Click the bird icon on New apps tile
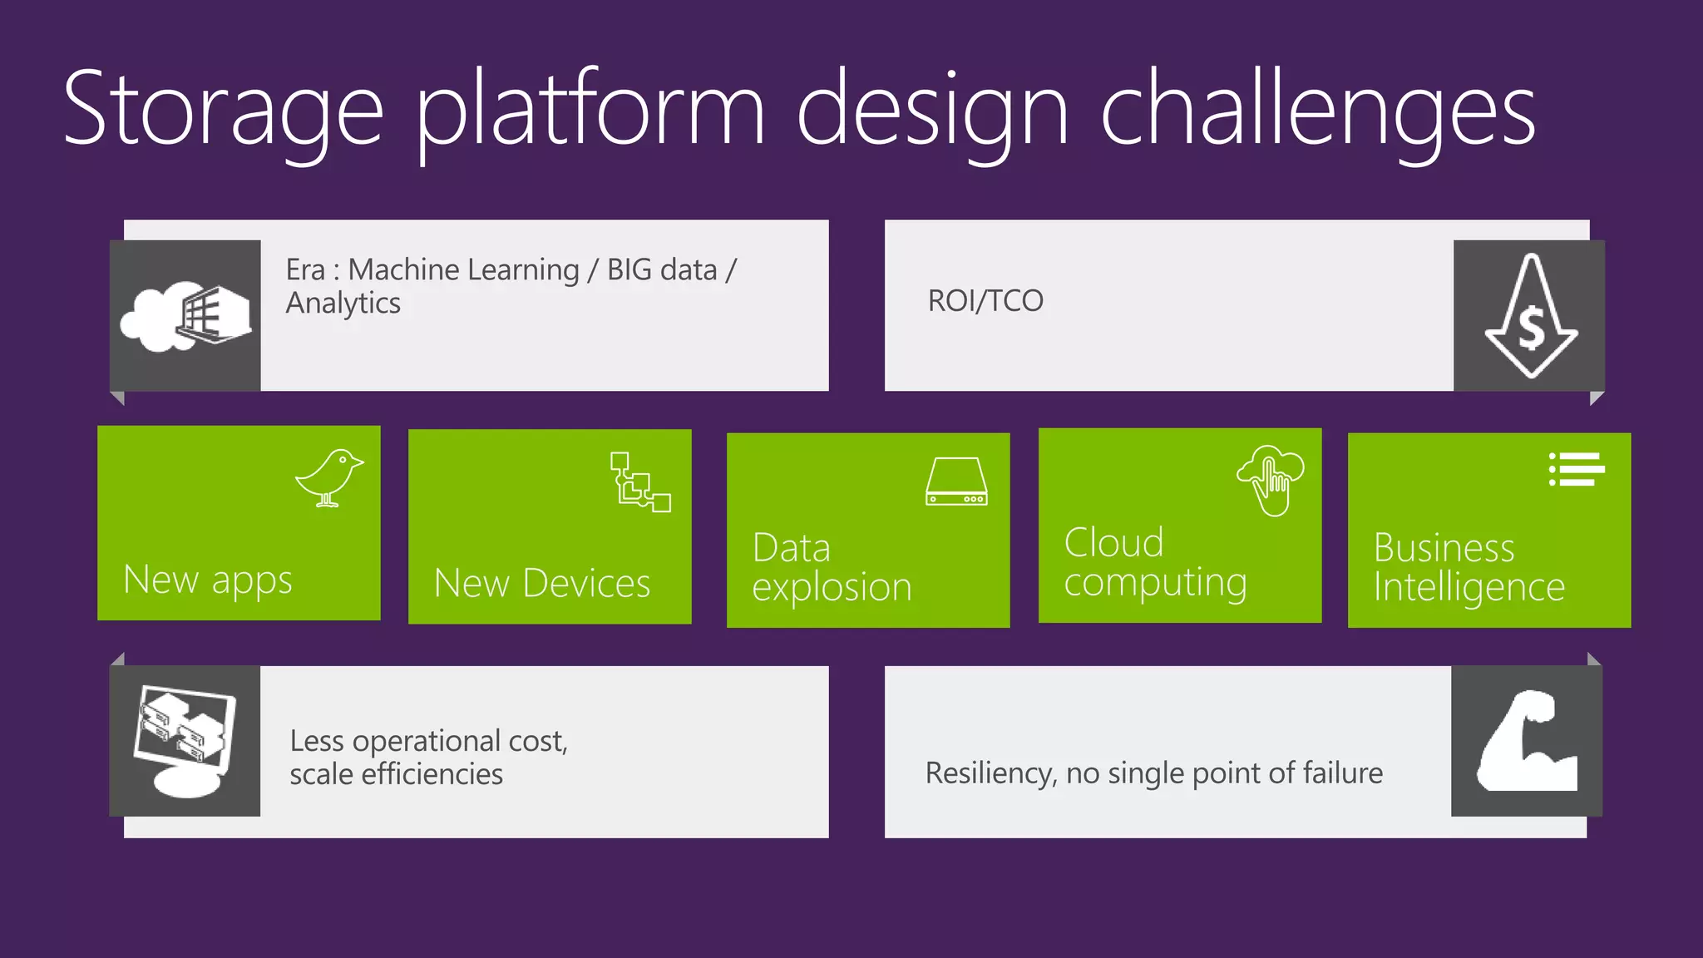coord(329,477)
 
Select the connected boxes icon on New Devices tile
coord(639,481)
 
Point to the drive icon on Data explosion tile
coord(956,481)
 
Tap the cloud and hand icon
coord(1271,480)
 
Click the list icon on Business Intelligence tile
coord(1576,470)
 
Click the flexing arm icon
coord(1527,741)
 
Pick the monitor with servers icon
coord(185,739)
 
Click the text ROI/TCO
coord(985,301)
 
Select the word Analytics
coord(343,304)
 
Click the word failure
coord(1342,773)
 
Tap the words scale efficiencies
coord(396,774)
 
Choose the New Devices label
coord(542,583)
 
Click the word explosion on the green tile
coord(832,588)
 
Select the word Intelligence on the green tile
coord(1469,588)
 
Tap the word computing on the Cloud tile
coord(1155,583)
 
